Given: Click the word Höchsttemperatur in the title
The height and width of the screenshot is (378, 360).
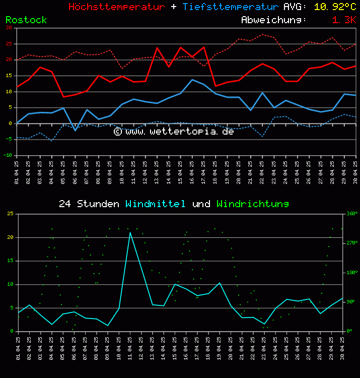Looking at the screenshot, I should pyautogui.click(x=116, y=7).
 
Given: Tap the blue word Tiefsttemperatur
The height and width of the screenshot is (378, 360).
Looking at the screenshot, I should pyautogui.click(x=230, y=7).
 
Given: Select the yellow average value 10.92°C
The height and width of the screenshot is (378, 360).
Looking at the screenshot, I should pyautogui.click(x=335, y=7).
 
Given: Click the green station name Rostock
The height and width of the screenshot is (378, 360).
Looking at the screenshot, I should pyautogui.click(x=26, y=20).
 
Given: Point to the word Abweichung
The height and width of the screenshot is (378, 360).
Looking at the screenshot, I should pyautogui.click(x=274, y=20).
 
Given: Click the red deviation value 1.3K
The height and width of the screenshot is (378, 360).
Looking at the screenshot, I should pyautogui.click(x=344, y=20).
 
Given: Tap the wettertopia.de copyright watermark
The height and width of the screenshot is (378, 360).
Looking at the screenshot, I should pyautogui.click(x=174, y=132).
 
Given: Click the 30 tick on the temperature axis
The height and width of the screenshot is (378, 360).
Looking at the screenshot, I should pyautogui.click(x=9, y=28).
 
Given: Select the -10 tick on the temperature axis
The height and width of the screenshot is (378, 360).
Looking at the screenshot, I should pyautogui.click(x=8, y=156).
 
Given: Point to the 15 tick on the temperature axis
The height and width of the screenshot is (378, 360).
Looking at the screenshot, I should pyautogui.click(x=9, y=76).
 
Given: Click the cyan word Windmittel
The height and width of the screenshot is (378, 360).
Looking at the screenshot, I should pyautogui.click(x=155, y=204).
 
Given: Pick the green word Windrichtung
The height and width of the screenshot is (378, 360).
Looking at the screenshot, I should pyautogui.click(x=252, y=204).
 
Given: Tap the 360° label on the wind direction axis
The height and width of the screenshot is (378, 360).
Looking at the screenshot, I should pyautogui.click(x=351, y=214).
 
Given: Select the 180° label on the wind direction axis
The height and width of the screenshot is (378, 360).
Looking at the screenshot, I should pyautogui.click(x=351, y=273).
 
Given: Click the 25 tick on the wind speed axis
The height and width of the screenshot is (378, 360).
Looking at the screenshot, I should pyautogui.click(x=10, y=214).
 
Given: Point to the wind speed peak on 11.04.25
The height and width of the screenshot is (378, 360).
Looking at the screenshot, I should pyautogui.click(x=130, y=232).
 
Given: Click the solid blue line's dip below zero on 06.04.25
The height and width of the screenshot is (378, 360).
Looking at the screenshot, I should pyautogui.click(x=75, y=131).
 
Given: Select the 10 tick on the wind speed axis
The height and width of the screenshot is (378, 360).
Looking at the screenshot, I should pyautogui.click(x=10, y=284).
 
